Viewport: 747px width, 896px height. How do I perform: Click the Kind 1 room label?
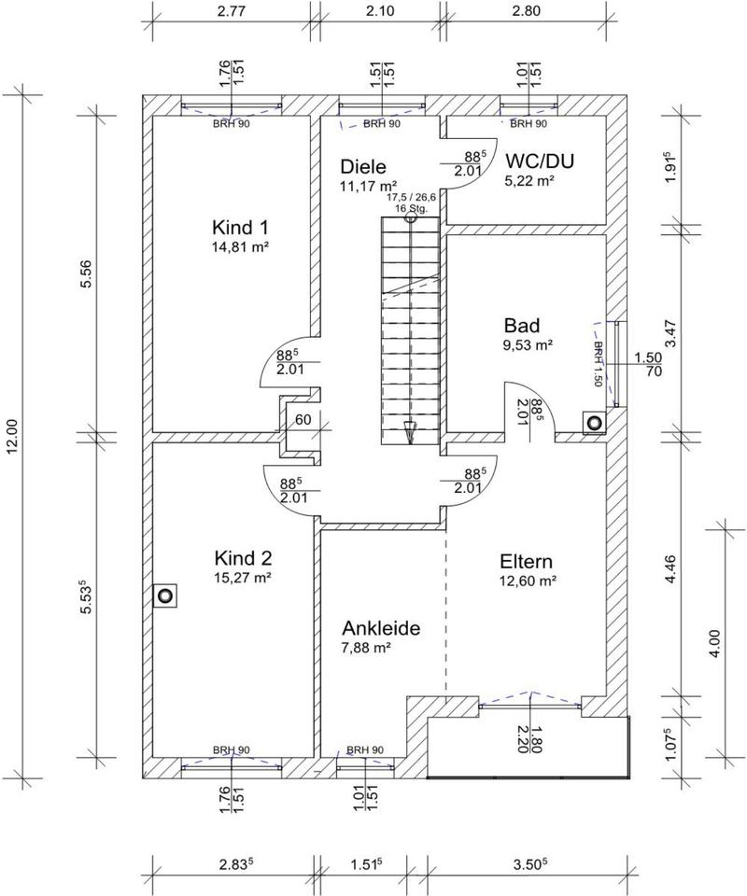[x=240, y=228]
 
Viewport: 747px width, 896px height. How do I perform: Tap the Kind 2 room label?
[x=243, y=557]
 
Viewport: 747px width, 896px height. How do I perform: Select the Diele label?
[x=363, y=166]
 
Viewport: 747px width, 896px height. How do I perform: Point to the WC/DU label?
[x=540, y=161]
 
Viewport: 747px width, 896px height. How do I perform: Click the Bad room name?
[x=521, y=325]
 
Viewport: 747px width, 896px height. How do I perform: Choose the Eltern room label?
[x=526, y=561]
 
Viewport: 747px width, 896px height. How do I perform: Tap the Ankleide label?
[x=381, y=628]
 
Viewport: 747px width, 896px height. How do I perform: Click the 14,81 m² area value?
[x=240, y=246]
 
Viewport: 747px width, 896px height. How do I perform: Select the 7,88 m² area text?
[x=366, y=648]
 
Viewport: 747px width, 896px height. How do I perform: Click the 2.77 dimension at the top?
[x=233, y=11]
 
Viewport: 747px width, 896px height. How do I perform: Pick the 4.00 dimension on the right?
[x=715, y=643]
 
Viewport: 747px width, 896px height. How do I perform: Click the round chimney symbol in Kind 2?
[x=165, y=596]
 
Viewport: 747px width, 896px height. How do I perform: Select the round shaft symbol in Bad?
[x=595, y=423]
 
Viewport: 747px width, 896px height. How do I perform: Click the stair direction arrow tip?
[x=410, y=443]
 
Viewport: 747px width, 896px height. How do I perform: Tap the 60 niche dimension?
[x=303, y=420]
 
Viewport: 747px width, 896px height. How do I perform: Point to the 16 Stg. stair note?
[x=411, y=208]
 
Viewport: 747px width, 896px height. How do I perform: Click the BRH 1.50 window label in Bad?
[x=598, y=364]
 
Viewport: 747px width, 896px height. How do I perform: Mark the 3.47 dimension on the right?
[x=671, y=333]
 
